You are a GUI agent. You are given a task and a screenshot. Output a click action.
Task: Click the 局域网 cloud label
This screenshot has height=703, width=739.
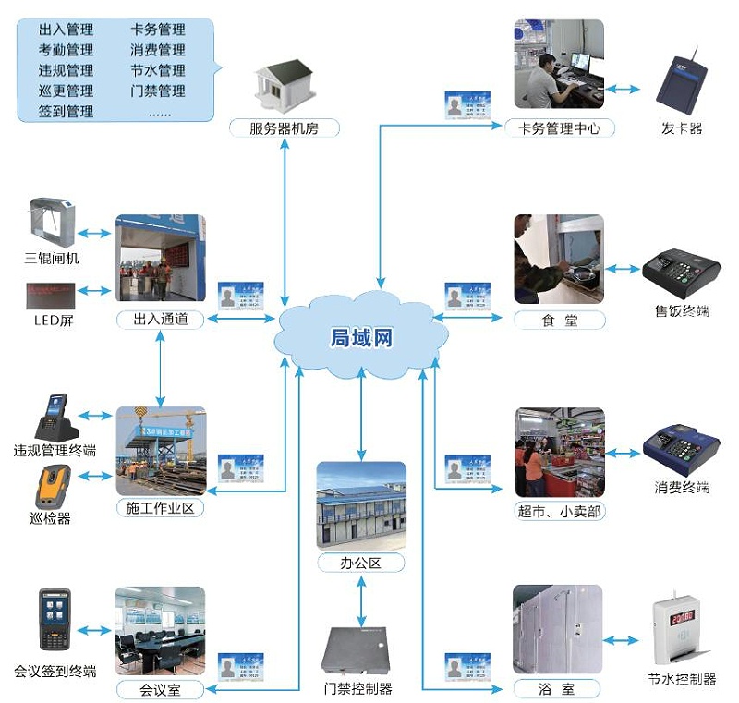click(x=361, y=338)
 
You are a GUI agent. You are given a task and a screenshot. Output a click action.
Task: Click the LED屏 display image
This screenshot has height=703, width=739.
click(x=52, y=295)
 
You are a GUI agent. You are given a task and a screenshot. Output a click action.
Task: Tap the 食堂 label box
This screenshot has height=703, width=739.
click(x=559, y=321)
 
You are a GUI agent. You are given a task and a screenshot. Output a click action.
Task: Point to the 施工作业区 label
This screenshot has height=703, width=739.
click(x=160, y=507)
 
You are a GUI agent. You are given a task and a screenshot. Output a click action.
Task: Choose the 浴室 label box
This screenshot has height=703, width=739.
click(x=557, y=688)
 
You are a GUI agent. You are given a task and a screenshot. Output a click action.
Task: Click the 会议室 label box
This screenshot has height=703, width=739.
click(x=160, y=689)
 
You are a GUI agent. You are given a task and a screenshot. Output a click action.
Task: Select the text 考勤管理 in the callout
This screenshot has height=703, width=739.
click(x=67, y=50)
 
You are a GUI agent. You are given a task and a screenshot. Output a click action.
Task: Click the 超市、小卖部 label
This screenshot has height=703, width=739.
click(x=560, y=511)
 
